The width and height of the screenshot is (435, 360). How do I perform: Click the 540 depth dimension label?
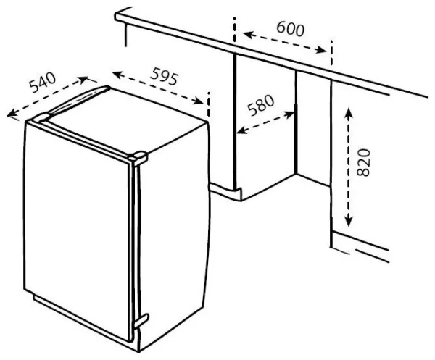43,83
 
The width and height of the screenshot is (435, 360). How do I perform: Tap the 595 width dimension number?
164,76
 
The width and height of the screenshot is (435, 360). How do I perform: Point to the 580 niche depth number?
261,105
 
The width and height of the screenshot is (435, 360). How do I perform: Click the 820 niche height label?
364,162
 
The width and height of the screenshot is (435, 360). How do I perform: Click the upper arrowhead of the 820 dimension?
349,113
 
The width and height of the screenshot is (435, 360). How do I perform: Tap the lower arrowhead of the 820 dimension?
349,222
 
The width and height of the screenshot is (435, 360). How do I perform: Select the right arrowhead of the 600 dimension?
322,50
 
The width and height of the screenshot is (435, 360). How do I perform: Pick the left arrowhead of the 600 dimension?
249,34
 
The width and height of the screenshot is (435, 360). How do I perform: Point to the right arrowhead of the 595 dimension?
199,101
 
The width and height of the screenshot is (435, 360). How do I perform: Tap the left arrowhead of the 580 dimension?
241,130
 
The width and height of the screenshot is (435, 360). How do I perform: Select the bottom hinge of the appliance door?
141,321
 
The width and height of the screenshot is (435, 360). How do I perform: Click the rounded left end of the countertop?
117,16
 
